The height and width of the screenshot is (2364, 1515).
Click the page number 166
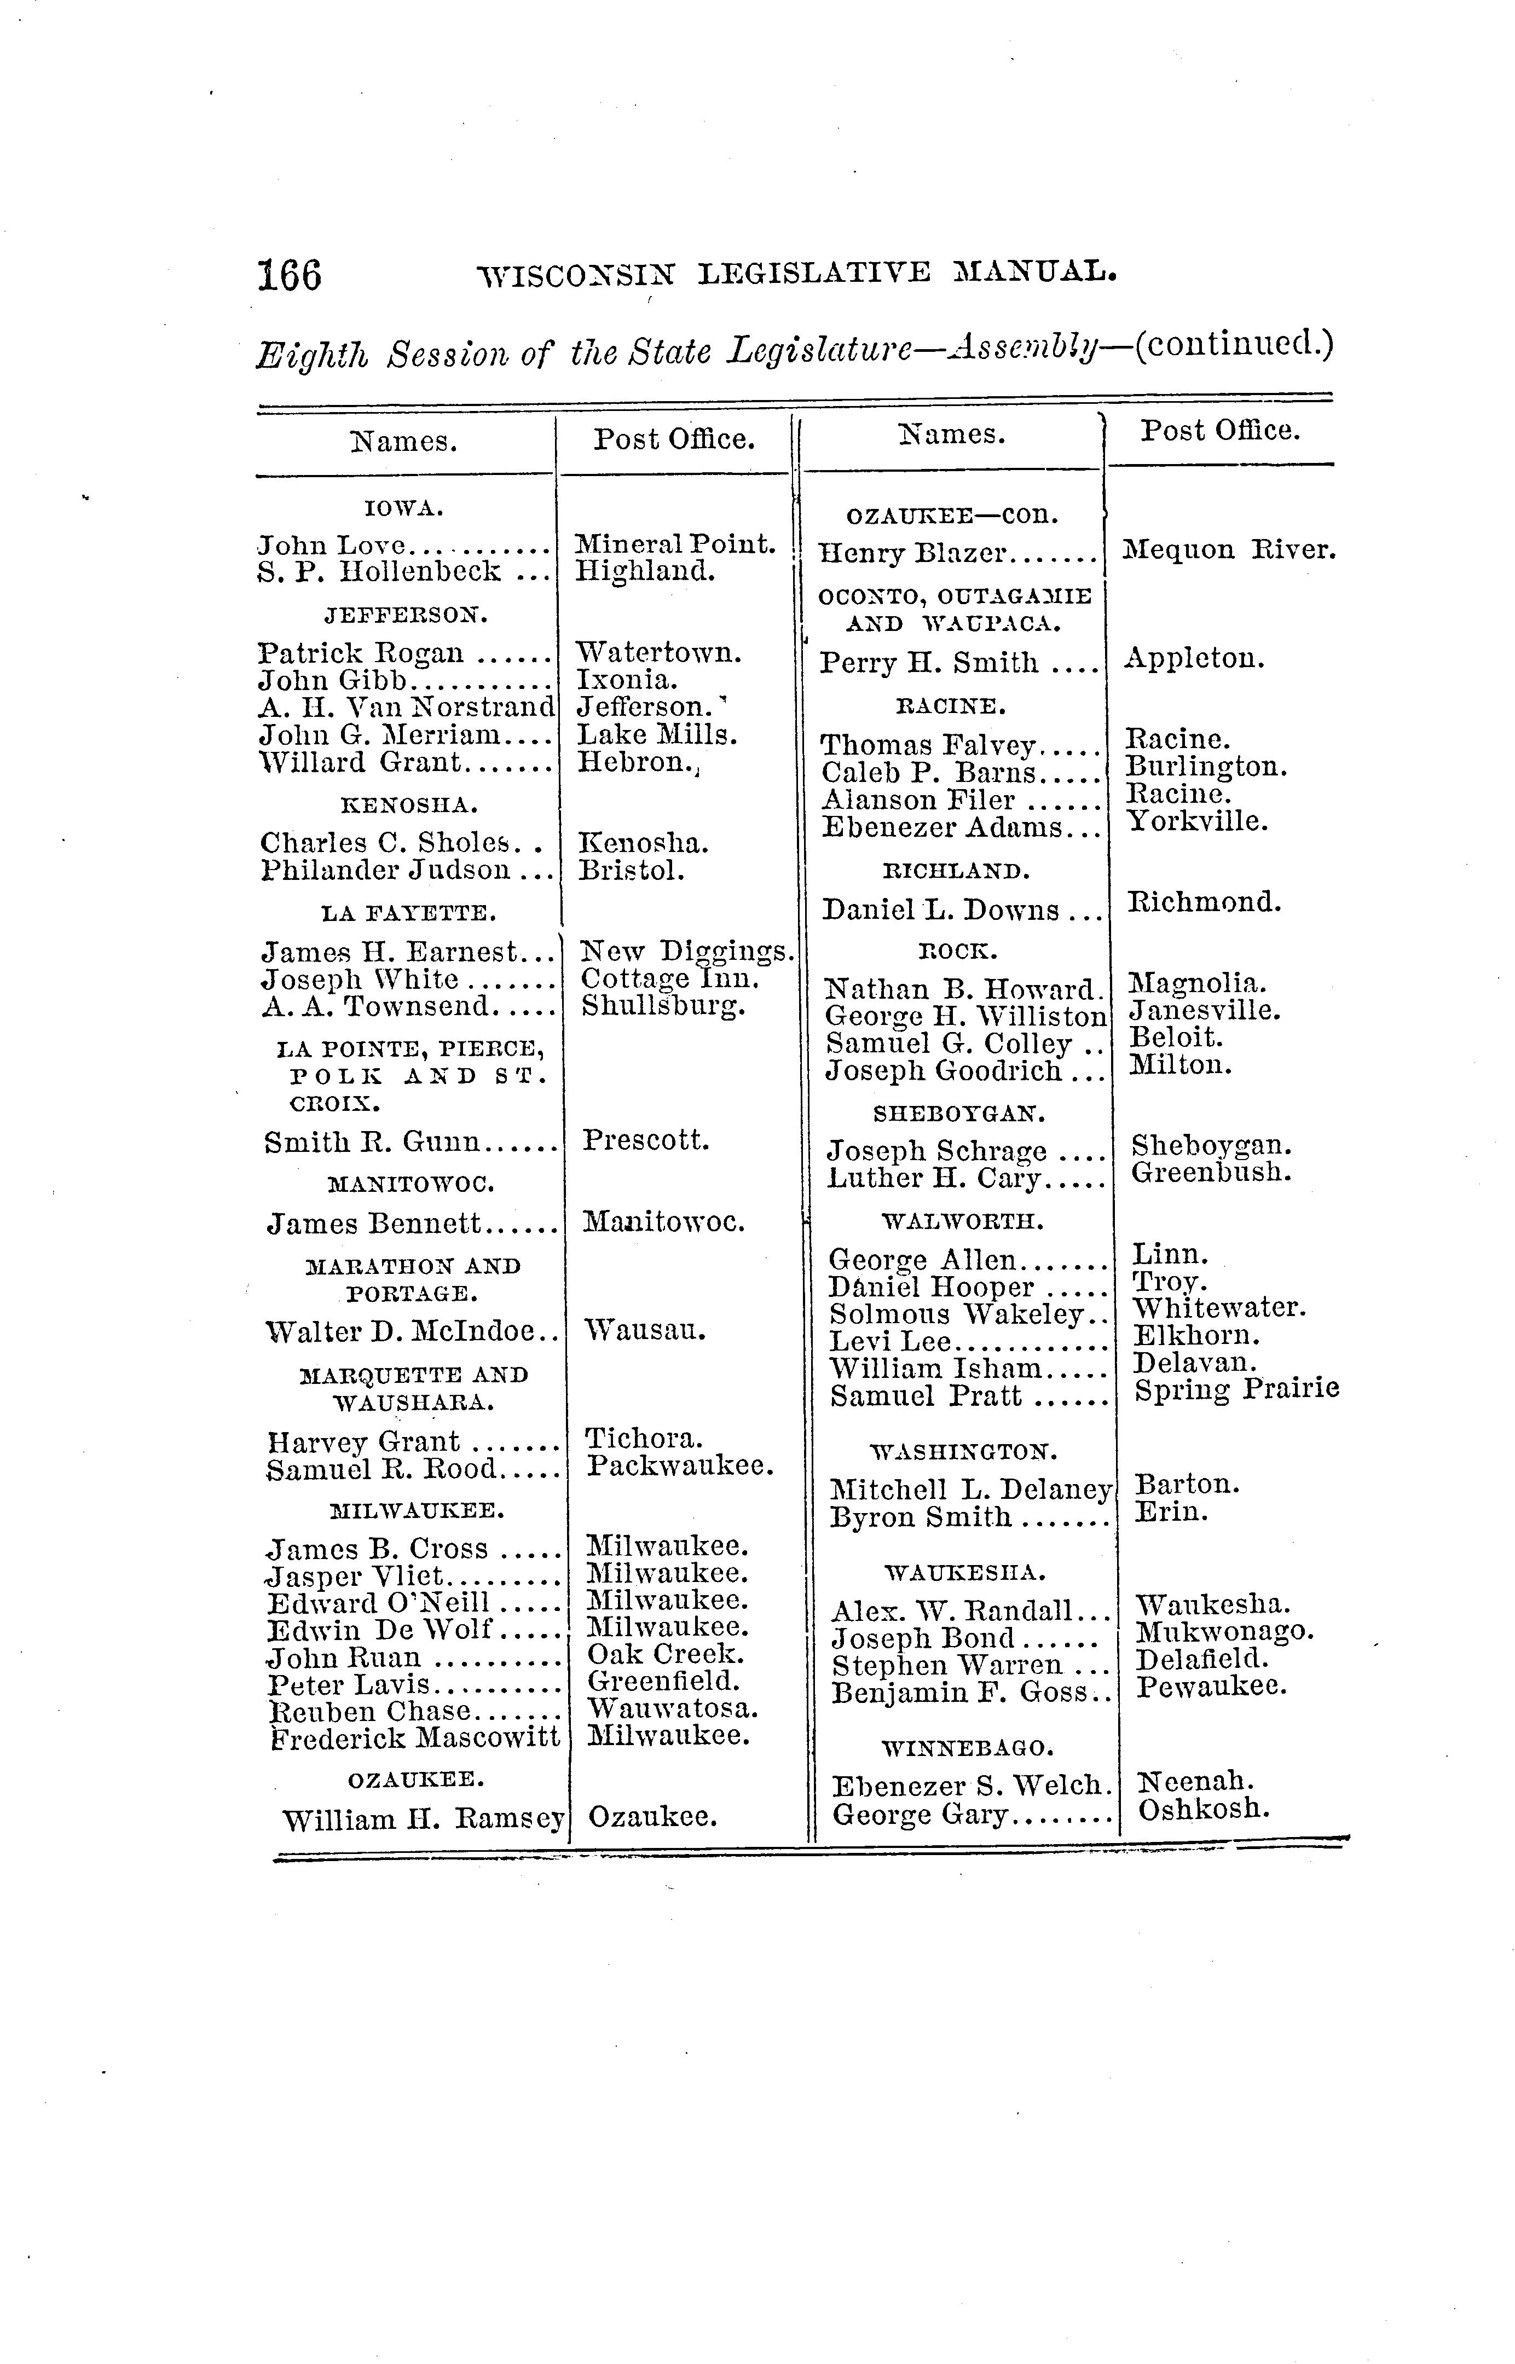point(289,274)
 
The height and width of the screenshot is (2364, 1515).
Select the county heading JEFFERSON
point(406,616)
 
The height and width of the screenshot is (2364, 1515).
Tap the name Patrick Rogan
point(360,653)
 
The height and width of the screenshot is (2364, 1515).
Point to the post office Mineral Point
point(675,544)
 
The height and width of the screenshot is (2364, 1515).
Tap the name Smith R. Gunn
point(372,1142)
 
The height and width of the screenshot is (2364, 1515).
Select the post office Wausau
point(645,1330)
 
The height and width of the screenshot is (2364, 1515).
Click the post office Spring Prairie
point(1236,1390)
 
